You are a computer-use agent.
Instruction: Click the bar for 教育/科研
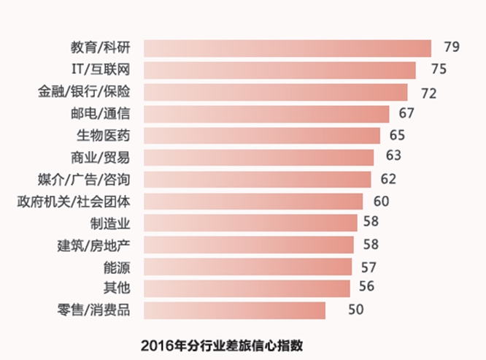pyautogui.click(x=288, y=48)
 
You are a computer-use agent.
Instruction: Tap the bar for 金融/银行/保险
pyautogui.click(x=276, y=92)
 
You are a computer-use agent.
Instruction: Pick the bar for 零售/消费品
pyautogui.click(x=234, y=310)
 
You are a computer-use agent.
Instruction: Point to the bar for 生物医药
pyautogui.click(x=262, y=136)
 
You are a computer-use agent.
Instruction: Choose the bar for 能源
pyautogui.click(x=247, y=267)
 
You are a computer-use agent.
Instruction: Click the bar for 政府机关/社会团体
pyautogui.click(x=253, y=202)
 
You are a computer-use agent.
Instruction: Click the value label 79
pyautogui.click(x=451, y=48)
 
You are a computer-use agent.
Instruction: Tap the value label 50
pyautogui.click(x=355, y=310)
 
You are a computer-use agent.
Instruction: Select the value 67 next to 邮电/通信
pyautogui.click(x=406, y=113)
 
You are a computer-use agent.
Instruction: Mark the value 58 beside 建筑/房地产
pyautogui.click(x=371, y=243)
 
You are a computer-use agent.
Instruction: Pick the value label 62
pyautogui.click(x=388, y=179)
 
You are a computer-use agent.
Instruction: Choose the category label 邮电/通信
pyautogui.click(x=103, y=114)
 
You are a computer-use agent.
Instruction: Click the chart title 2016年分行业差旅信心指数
pyautogui.click(x=222, y=345)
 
